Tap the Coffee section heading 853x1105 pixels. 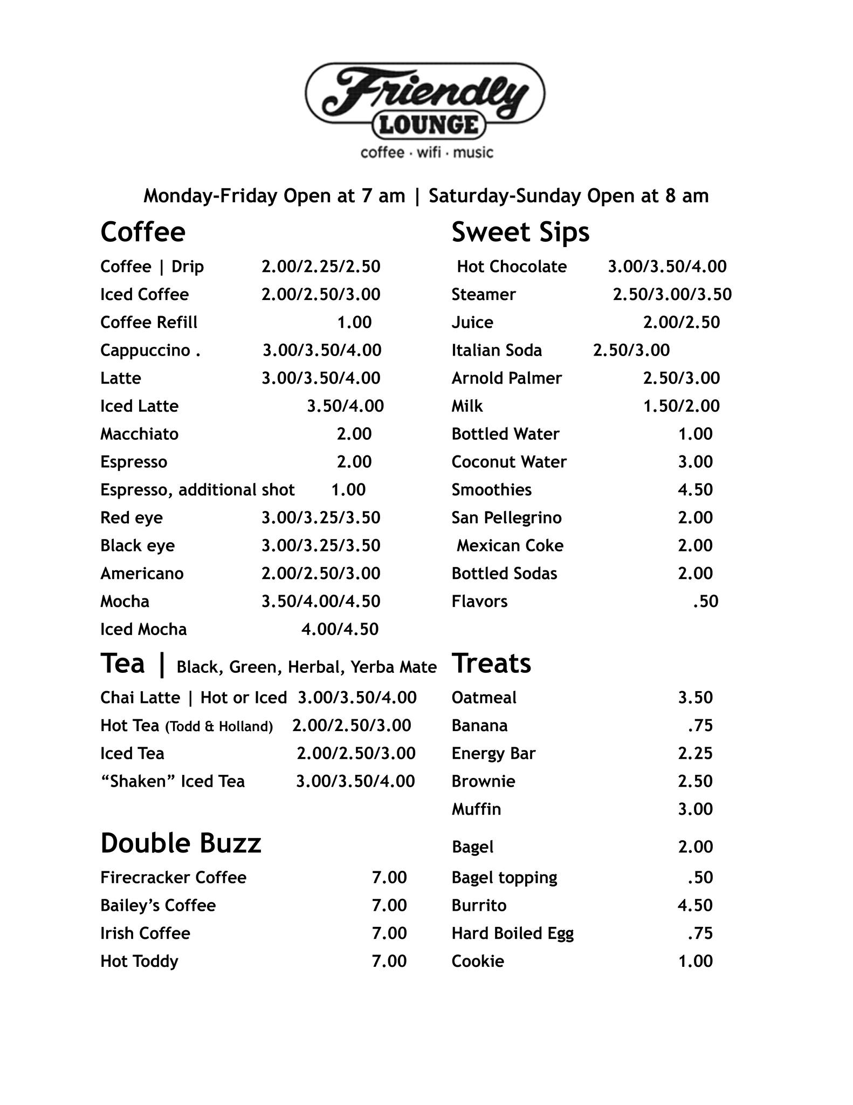click(143, 232)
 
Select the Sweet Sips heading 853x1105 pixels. click(520, 232)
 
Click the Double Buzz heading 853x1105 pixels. click(181, 843)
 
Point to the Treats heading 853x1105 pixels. click(491, 664)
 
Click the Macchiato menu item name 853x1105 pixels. click(139, 434)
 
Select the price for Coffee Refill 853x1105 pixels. click(354, 323)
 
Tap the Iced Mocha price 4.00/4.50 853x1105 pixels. click(340, 629)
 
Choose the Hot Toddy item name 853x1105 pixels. click(139, 961)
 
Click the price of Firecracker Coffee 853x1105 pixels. click(389, 877)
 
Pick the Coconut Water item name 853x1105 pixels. click(509, 462)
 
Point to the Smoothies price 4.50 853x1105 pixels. click(695, 490)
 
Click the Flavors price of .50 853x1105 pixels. click(705, 602)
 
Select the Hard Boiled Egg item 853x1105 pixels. click(512, 933)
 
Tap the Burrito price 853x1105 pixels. click(695, 905)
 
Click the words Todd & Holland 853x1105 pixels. click(219, 727)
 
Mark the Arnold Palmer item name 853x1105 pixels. click(506, 378)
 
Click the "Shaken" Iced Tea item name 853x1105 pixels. click(173, 781)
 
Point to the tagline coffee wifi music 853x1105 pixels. click(426, 153)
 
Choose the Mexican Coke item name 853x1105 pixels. click(510, 545)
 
